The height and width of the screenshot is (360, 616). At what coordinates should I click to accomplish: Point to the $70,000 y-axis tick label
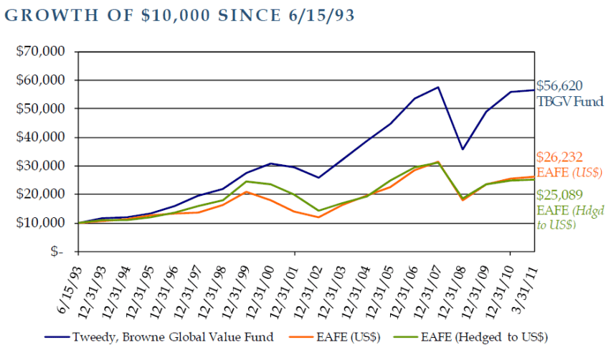pyautogui.click(x=45, y=52)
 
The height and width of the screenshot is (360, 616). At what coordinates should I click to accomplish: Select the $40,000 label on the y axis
pyautogui.click(x=45, y=137)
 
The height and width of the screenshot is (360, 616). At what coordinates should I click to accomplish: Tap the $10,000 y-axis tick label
pyautogui.click(x=45, y=223)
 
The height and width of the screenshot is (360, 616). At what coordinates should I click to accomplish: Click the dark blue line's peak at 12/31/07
pyautogui.click(x=437, y=87)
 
